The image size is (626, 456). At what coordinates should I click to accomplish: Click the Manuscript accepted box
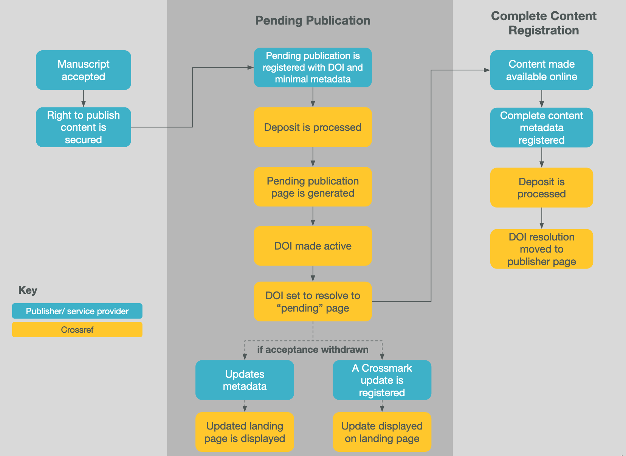(84, 70)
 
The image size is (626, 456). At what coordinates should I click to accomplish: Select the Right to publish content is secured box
(84, 127)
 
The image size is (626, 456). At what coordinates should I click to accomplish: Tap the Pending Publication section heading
(313, 20)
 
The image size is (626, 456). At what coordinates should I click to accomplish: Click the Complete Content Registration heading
(543, 23)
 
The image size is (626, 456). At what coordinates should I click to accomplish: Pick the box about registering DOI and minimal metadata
(313, 68)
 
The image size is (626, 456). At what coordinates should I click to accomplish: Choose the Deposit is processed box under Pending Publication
(313, 127)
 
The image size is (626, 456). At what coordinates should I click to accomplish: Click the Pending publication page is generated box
(313, 187)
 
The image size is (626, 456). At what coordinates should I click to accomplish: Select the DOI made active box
(313, 246)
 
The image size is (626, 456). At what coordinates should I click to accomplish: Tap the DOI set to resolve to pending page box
(313, 302)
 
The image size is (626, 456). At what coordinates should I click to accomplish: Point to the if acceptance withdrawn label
(313, 349)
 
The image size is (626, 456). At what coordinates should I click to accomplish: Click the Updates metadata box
(245, 380)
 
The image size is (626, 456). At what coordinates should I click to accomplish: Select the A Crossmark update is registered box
(382, 380)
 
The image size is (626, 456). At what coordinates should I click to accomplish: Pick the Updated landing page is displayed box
(245, 432)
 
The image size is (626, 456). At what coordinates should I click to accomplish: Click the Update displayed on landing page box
(382, 432)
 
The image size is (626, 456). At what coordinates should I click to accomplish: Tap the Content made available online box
(541, 70)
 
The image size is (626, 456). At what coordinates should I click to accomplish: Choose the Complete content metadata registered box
(541, 128)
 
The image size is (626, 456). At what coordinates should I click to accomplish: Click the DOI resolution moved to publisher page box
(541, 249)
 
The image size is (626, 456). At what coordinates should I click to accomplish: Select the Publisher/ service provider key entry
(77, 311)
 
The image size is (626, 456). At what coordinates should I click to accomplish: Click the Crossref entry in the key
(77, 330)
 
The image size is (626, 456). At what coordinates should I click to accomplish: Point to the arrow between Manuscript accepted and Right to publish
(84, 99)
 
